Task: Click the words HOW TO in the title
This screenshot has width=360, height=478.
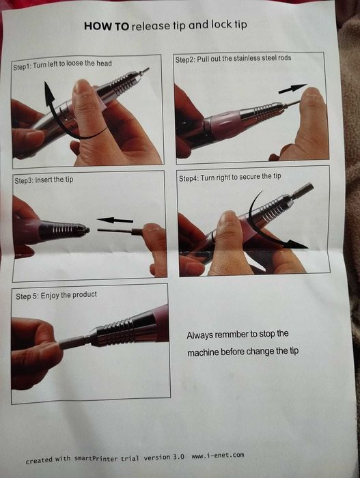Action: (105, 27)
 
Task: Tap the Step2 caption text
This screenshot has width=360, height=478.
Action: (233, 59)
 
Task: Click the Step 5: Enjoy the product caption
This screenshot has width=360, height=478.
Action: (57, 294)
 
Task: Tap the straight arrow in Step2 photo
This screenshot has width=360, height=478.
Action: (292, 89)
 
